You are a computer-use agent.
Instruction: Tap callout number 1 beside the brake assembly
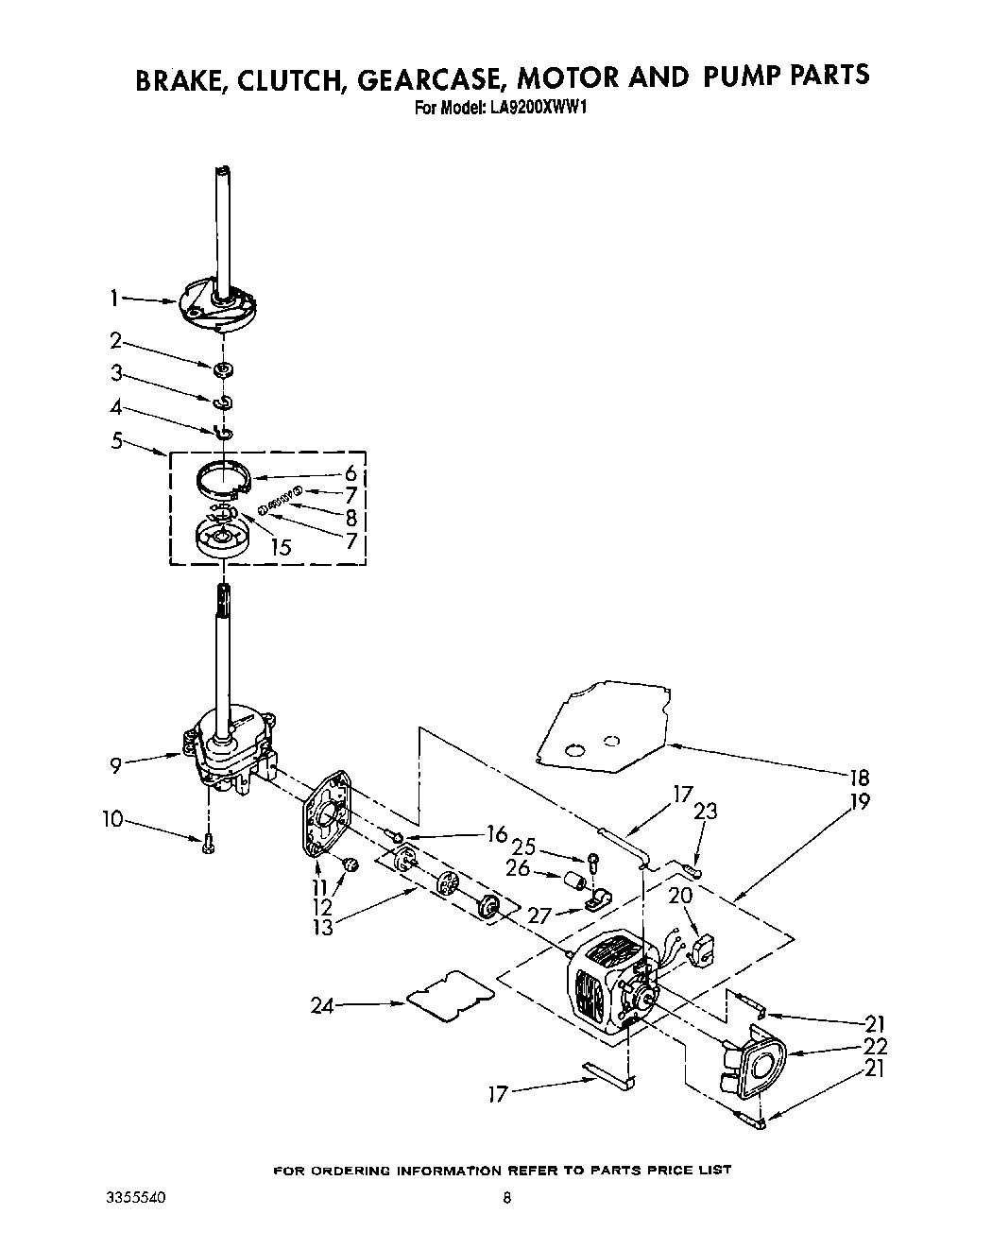coord(113,299)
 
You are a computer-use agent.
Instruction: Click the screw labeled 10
coord(208,845)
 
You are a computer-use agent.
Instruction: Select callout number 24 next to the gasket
coord(322,1006)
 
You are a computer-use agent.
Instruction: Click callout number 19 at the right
coord(859,801)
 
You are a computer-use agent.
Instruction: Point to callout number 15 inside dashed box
coord(281,546)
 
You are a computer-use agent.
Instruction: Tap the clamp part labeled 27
coord(597,900)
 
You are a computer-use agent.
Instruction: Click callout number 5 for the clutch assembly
coord(116,440)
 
